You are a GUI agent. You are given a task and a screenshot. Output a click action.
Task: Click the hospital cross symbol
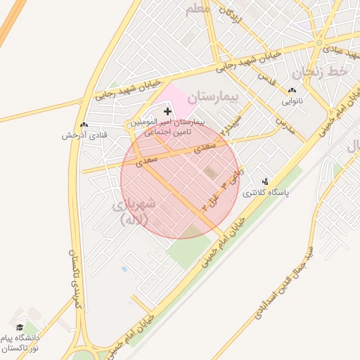(x=167, y=111)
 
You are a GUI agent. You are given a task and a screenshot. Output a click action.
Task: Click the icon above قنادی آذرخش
(x=84, y=124)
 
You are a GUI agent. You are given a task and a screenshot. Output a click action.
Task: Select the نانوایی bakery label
(x=292, y=101)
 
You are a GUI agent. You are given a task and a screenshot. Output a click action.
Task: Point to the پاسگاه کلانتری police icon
(x=265, y=181)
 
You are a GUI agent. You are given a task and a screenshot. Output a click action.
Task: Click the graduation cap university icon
(x=20, y=327)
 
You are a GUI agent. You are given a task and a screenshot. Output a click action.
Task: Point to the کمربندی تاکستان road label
(x=74, y=278)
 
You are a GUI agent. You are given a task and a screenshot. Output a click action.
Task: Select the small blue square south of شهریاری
(x=124, y=269)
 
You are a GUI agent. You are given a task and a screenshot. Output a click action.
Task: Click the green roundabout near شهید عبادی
(x=319, y=43)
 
